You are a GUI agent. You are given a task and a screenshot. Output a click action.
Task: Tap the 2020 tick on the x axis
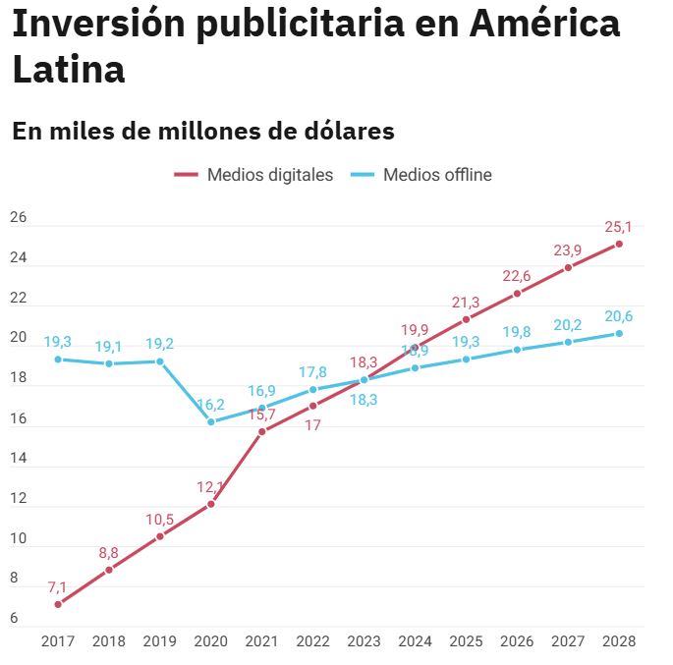(211, 641)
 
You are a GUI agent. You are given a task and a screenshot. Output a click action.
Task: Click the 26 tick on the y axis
(19, 217)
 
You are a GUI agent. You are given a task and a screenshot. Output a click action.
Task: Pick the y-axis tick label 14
(19, 459)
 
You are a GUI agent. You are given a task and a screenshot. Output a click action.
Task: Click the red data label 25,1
(619, 227)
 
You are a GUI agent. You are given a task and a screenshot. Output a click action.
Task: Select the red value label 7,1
(58, 587)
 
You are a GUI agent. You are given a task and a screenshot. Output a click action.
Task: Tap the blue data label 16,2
(211, 405)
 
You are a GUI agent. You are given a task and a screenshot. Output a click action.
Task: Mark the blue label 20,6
(619, 316)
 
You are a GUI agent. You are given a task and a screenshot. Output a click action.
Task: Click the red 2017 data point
(58, 604)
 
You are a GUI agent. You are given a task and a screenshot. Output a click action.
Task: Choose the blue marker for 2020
(211, 421)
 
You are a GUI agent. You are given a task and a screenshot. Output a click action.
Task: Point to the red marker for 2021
(262, 431)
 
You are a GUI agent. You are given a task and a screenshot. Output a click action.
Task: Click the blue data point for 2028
(619, 333)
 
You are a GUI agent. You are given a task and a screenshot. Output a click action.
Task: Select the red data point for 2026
(517, 293)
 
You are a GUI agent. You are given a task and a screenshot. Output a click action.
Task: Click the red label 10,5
(160, 520)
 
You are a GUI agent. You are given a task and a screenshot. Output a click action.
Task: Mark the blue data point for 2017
(58, 359)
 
